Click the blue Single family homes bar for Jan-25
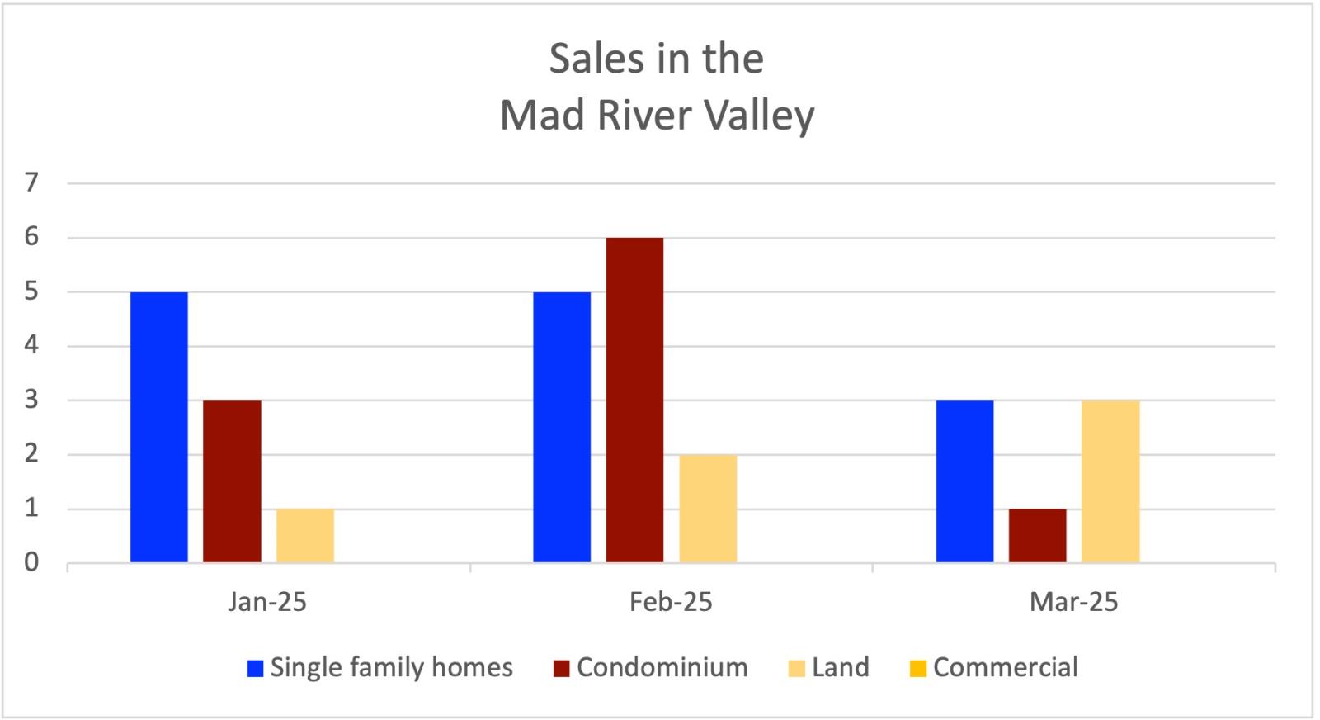point(159,427)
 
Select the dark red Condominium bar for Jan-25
point(232,481)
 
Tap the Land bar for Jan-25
point(305,536)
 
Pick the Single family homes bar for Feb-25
point(562,427)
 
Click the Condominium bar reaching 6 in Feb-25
point(634,400)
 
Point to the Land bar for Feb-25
point(708,509)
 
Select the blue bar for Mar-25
point(964,481)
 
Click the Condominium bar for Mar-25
point(1037,536)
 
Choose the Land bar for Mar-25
point(1110,481)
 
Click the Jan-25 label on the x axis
point(267,602)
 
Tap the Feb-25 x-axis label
point(670,602)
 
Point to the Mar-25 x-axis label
point(1073,602)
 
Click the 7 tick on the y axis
point(31,182)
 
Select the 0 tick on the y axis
point(31,563)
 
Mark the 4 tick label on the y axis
point(31,346)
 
